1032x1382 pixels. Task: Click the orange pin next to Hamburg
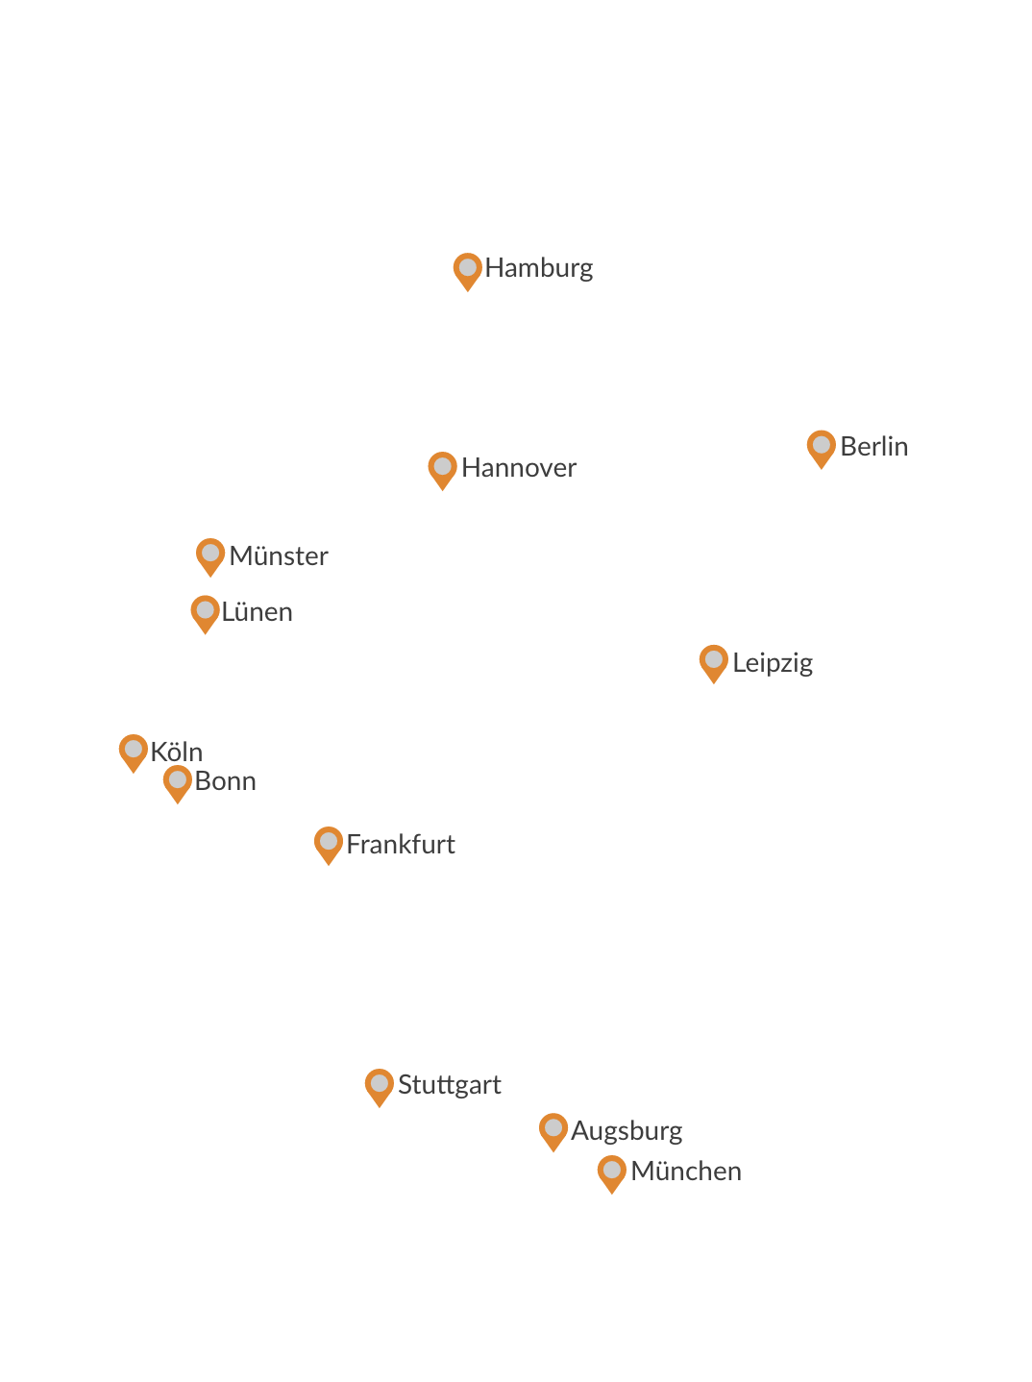coord(467,269)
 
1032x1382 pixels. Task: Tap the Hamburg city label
coord(538,268)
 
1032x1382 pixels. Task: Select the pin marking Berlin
coord(821,447)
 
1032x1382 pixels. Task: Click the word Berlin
coord(873,447)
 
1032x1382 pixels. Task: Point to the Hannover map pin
coord(442,469)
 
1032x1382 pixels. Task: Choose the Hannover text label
coord(519,468)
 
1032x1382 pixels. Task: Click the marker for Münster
coord(210,555)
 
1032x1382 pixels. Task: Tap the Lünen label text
coord(257,612)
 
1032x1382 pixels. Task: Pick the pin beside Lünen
coord(205,612)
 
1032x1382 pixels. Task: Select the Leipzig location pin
coord(713,662)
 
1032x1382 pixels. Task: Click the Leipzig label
coord(773,663)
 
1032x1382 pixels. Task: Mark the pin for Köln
coord(134,752)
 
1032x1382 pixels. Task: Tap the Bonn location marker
coord(177,782)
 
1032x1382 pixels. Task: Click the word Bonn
coord(225,781)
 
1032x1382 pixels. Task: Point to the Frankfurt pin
coord(329,844)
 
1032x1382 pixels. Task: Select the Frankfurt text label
coord(401,845)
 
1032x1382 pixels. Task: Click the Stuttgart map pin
coord(380,1086)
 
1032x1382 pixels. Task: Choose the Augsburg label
coord(627,1131)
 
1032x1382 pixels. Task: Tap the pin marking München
coord(611,1172)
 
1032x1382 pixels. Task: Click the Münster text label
coord(279,556)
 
